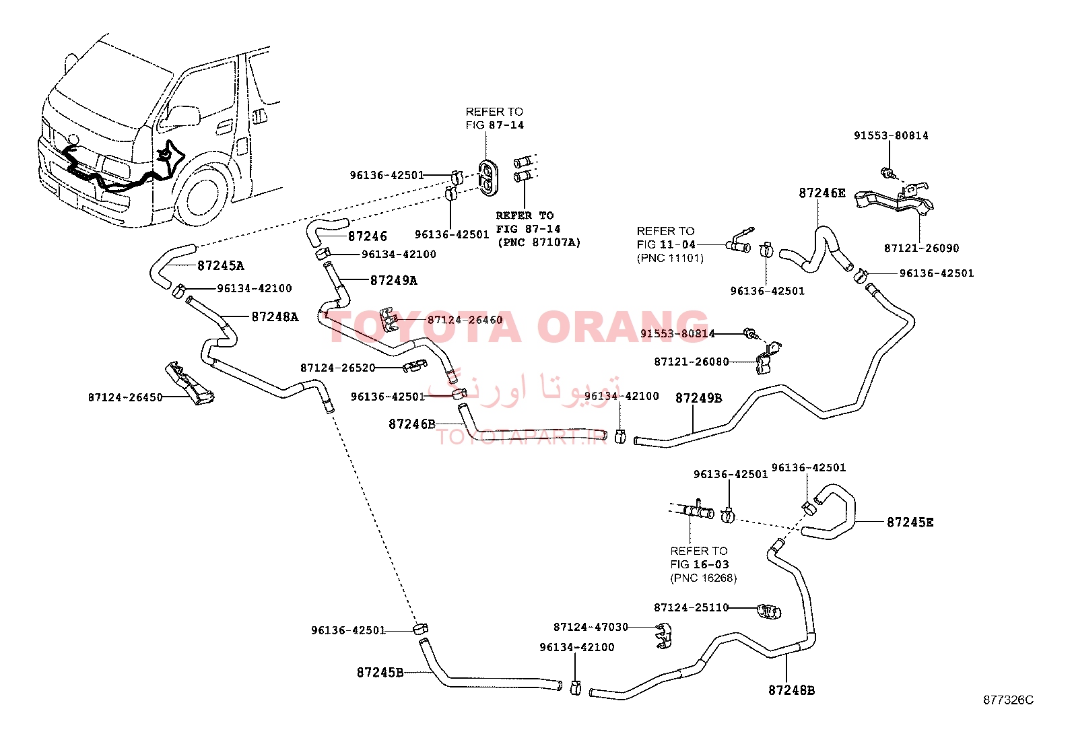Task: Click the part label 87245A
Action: [221, 266]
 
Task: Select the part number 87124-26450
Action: [125, 397]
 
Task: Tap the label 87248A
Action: [275, 317]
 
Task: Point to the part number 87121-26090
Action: [922, 248]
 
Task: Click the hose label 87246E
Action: [822, 193]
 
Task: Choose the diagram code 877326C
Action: [1008, 700]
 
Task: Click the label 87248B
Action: [792, 690]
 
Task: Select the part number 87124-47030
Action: [591, 627]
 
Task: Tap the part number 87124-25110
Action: [691, 607]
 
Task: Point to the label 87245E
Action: [910, 523]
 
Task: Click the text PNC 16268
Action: [704, 578]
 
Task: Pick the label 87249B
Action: [699, 398]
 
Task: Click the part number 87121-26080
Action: [692, 362]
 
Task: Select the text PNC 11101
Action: [670, 259]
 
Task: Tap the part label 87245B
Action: [380, 673]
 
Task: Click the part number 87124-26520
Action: [338, 368]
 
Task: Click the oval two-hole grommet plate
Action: [488, 177]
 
